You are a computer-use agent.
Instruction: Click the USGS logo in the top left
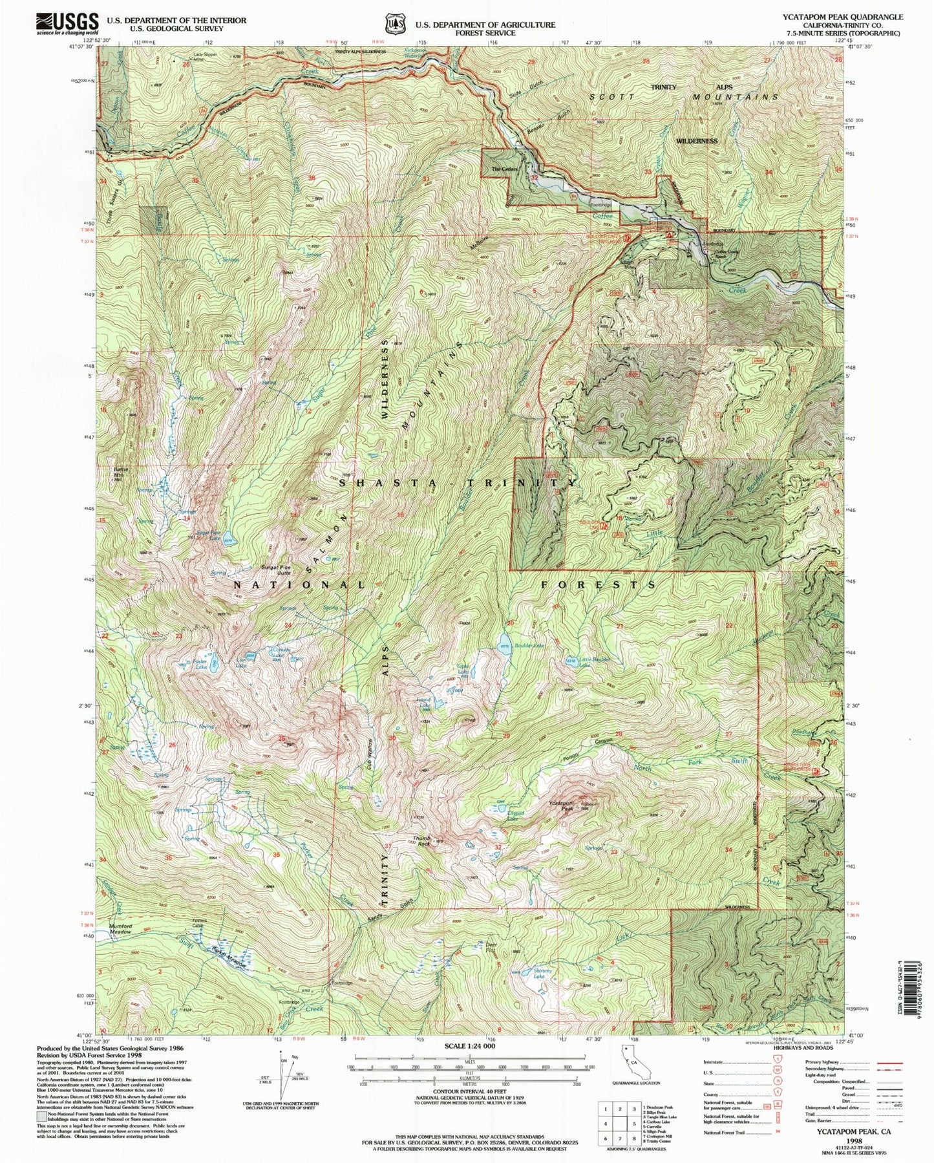click(x=67, y=23)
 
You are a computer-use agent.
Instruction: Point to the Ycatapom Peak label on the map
click(x=561, y=806)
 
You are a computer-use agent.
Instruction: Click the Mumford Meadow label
click(x=120, y=928)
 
